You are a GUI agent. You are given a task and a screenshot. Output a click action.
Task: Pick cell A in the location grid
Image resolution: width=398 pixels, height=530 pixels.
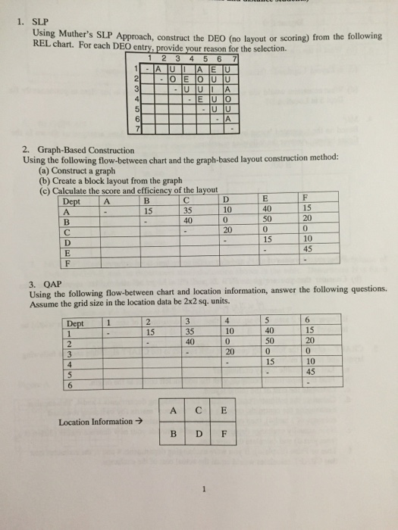[x=175, y=411]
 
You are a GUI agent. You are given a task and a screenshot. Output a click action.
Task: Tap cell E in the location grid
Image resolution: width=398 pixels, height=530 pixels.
[x=224, y=411]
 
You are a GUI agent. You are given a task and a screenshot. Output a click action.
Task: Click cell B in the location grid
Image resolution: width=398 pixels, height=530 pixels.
[x=175, y=436]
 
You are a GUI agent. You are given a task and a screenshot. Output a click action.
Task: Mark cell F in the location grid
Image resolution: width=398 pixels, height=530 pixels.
[x=224, y=436]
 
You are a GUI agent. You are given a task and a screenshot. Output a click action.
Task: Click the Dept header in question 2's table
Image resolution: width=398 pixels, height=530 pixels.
[x=71, y=201]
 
